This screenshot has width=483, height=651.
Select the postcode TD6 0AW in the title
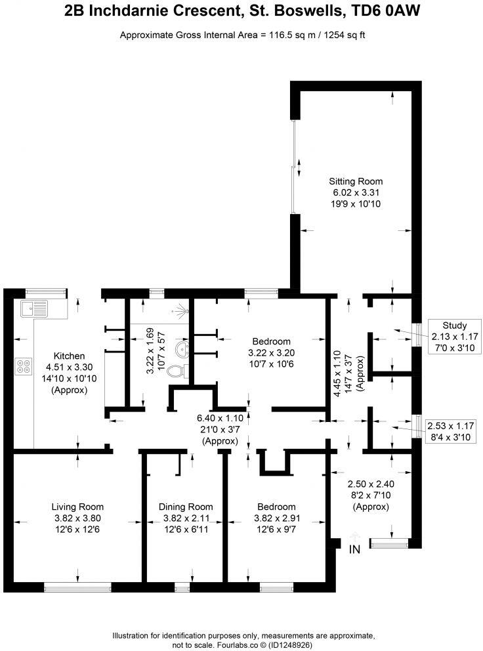click(387, 11)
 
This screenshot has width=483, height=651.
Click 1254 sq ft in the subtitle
click(341, 35)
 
